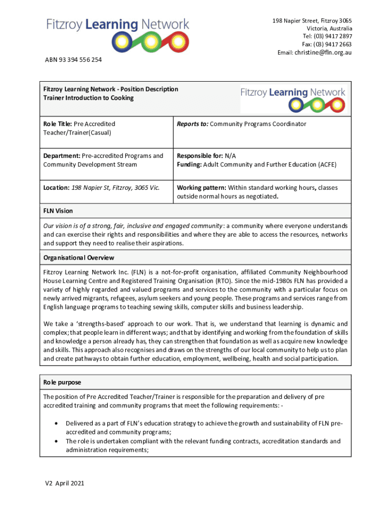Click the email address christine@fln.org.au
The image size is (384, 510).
(x=323, y=52)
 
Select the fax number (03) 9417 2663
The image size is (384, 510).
(x=333, y=44)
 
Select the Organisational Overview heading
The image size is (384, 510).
(x=79, y=257)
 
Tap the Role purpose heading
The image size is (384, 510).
(x=62, y=382)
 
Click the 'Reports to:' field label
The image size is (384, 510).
(x=192, y=124)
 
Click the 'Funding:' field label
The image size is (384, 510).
(x=189, y=164)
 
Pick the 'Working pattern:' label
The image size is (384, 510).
(x=201, y=188)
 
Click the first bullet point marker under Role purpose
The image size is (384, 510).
(x=55, y=423)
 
